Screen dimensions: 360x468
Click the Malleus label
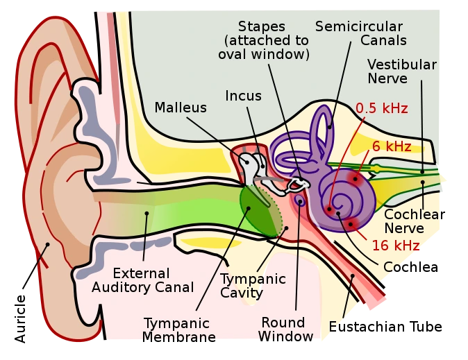click(181, 108)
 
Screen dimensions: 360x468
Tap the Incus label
click(243, 96)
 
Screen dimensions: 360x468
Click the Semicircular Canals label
click(360, 33)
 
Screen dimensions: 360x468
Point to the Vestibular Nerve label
click(401, 71)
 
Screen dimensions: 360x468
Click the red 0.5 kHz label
click(381, 108)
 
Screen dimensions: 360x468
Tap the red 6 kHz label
click(392, 146)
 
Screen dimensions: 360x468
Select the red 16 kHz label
click(395, 246)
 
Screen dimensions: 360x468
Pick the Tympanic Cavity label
click(253, 285)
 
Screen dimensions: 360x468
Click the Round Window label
click(283, 329)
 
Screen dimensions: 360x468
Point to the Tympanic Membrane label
click(178, 330)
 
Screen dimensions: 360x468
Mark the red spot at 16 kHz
click(350, 223)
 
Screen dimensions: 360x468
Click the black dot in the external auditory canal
click(147, 213)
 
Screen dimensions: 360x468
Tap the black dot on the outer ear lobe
click(47, 244)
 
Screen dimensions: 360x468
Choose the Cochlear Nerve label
click(413, 221)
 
